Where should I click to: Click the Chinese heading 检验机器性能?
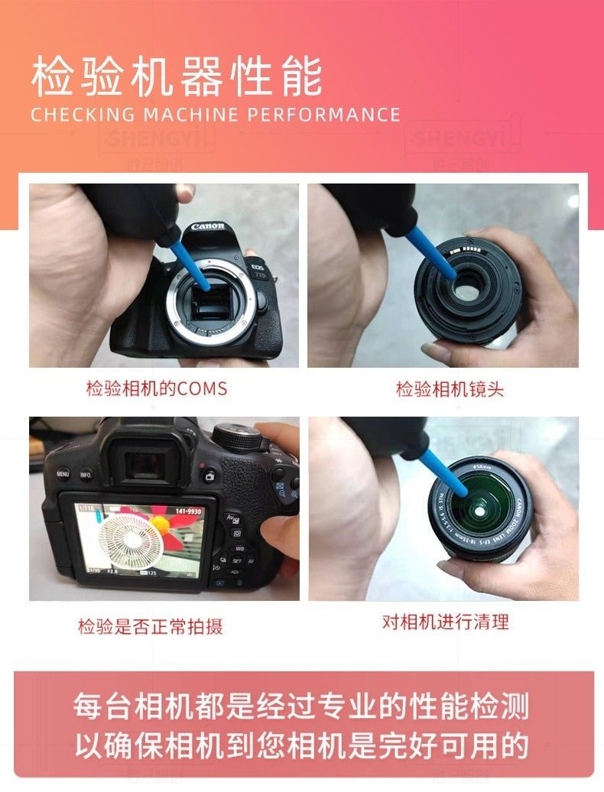click(x=177, y=76)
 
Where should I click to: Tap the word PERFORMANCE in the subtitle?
click(x=323, y=115)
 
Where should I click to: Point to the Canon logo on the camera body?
click(x=208, y=226)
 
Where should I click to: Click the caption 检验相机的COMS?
click(x=156, y=388)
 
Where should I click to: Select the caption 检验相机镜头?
click(x=450, y=388)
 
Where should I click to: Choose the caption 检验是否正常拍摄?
click(x=151, y=627)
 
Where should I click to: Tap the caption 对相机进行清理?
click(x=445, y=622)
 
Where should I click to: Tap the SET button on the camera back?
click(x=237, y=560)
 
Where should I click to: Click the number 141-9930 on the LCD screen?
click(x=187, y=511)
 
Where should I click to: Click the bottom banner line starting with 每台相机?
click(x=301, y=706)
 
